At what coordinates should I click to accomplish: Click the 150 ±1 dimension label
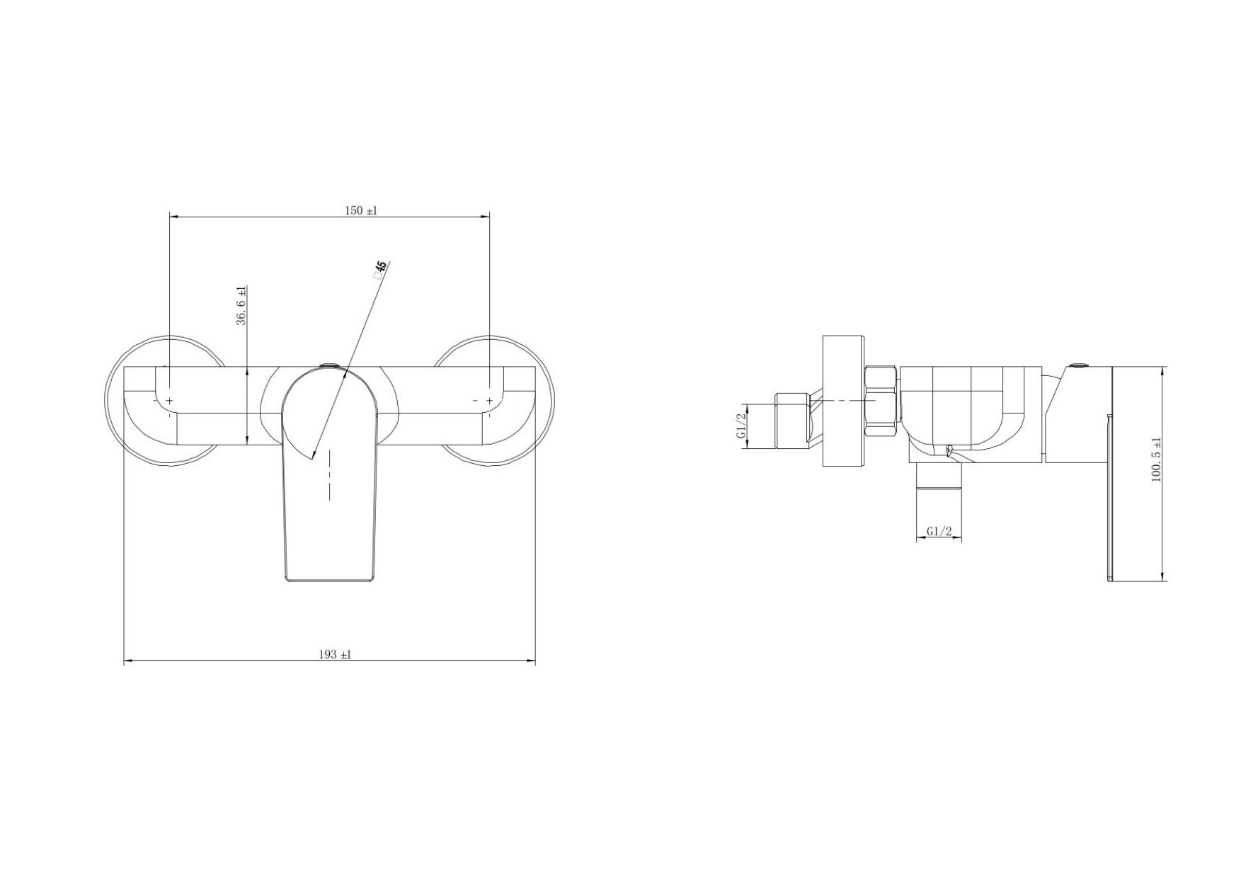pos(361,210)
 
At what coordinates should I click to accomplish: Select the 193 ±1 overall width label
pos(335,655)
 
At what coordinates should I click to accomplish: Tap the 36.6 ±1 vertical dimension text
pos(241,306)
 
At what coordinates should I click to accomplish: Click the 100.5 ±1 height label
pos(1157,460)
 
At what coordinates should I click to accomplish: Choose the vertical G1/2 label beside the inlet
pos(742,426)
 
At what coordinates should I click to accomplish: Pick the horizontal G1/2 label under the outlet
pos(939,532)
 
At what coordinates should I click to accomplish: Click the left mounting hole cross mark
pos(169,401)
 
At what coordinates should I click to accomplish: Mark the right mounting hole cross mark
pos(489,401)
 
